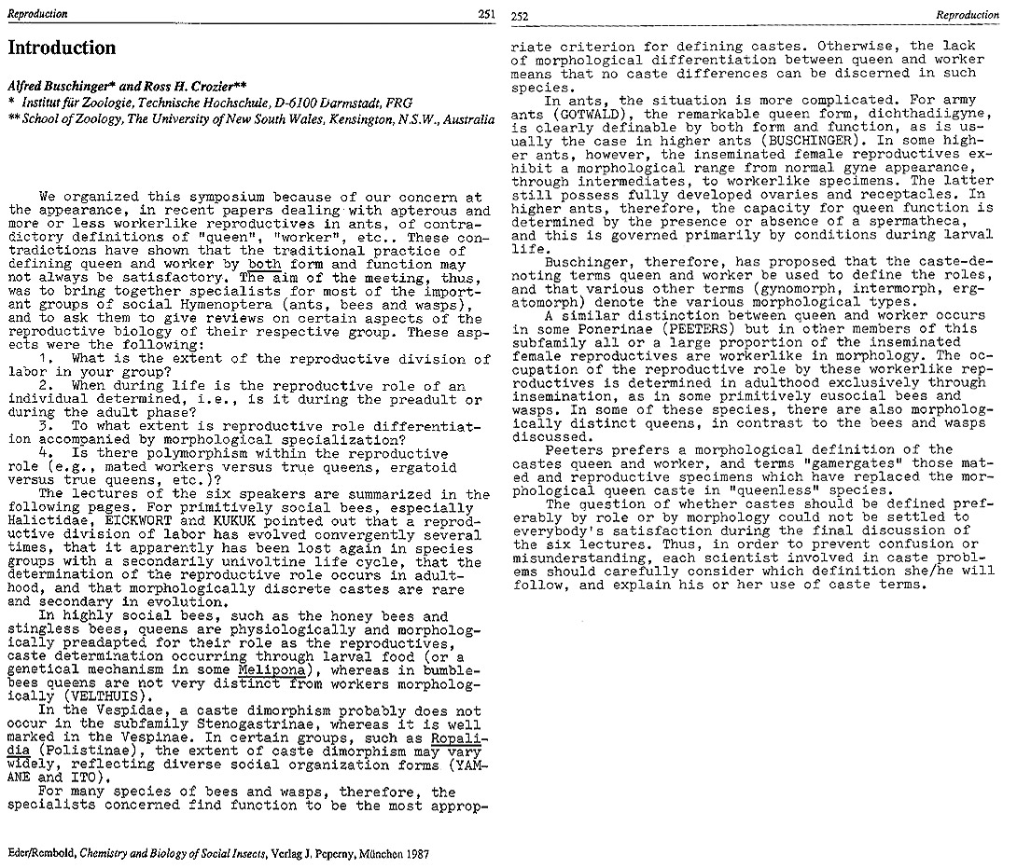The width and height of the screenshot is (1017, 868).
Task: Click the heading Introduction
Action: click(62, 48)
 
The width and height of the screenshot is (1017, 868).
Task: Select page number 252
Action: click(522, 15)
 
